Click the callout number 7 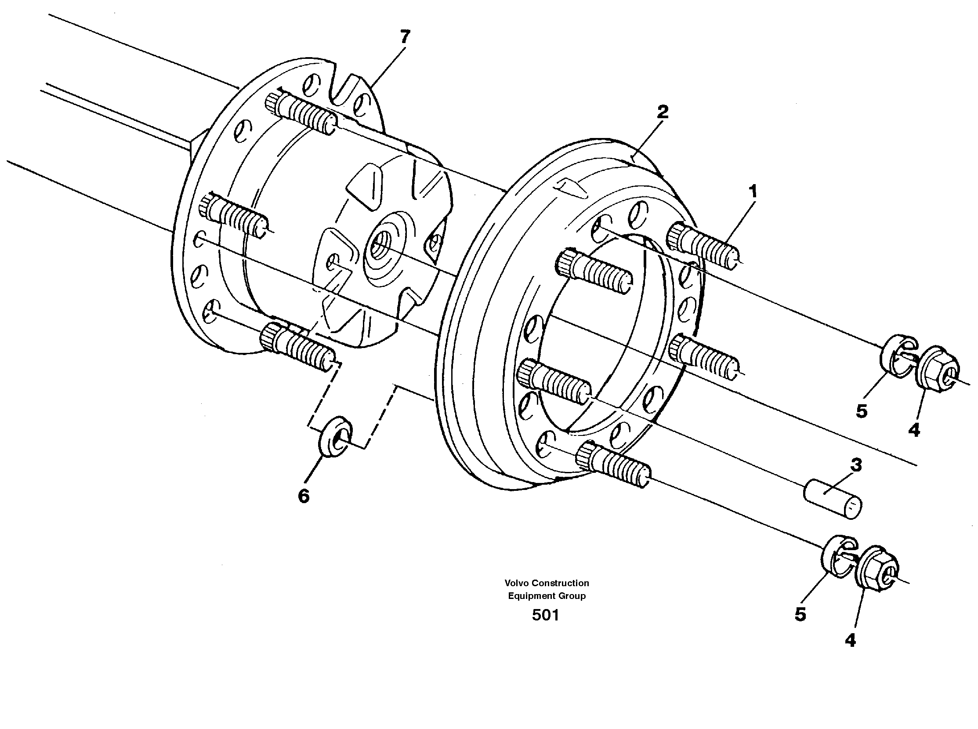coord(405,37)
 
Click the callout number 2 coord(662,112)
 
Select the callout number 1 coord(753,192)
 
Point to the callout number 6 coord(304,497)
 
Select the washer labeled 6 coord(334,437)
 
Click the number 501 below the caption coord(545,615)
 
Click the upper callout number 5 coord(862,411)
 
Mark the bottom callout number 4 coord(851,640)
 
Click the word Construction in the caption coord(560,583)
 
